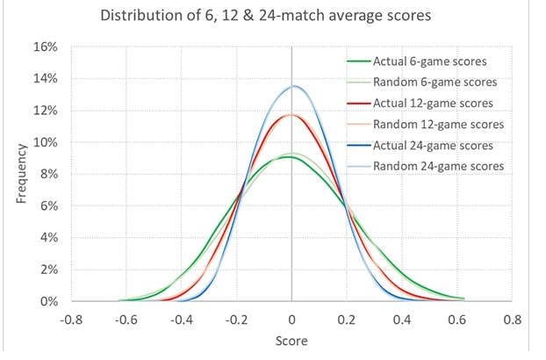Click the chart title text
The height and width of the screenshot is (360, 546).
click(272, 17)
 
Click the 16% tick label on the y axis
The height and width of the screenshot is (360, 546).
click(47, 47)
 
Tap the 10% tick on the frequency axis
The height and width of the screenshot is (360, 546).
click(47, 142)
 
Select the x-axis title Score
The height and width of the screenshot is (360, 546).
click(291, 342)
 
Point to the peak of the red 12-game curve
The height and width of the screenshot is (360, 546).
click(291, 114)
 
